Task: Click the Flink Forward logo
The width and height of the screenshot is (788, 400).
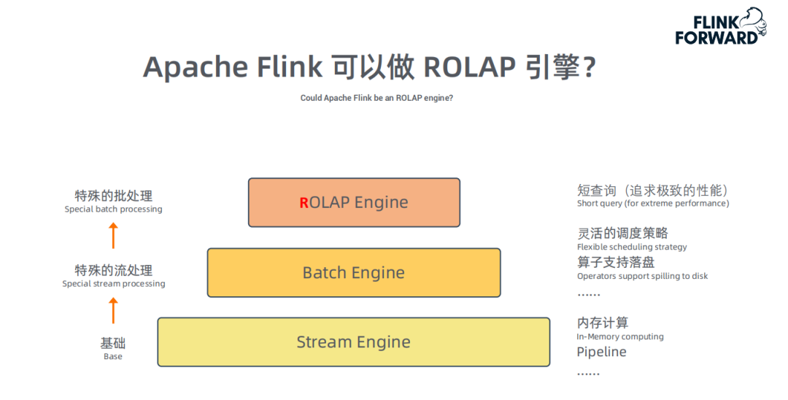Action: coord(720,27)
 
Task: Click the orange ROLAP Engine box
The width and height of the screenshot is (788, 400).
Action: coord(354,202)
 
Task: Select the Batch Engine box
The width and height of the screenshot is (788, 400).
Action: coord(354,272)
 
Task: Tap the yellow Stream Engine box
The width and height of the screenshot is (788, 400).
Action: coord(354,342)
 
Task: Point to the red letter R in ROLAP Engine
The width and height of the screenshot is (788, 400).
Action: coord(304,203)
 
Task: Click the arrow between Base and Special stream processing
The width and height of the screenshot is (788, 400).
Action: coord(113,310)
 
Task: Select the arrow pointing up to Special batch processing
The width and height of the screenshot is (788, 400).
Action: coord(113,236)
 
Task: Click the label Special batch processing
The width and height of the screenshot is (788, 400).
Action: coord(113,209)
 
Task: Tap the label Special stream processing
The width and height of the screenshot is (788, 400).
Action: coord(113,284)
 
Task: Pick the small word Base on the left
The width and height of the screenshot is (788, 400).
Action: coord(113,357)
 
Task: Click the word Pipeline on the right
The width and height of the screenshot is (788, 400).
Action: coord(601,352)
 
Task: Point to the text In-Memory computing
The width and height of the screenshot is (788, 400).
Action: coord(620,336)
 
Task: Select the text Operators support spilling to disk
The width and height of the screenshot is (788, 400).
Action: coord(642,276)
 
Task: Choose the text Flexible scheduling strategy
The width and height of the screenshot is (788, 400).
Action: coord(632,247)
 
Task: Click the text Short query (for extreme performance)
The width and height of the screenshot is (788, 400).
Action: coord(653,204)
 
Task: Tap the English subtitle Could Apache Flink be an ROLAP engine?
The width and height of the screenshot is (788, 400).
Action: coord(376,98)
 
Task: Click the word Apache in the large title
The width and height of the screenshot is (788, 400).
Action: coord(196,67)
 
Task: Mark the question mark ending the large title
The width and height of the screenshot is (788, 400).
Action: coord(590,67)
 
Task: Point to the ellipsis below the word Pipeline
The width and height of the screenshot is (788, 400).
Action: coord(588,374)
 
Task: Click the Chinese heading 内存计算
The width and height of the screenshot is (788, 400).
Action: coord(602,323)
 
